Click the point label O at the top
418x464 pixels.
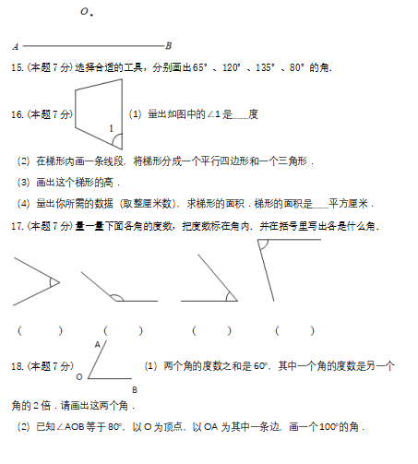click(84, 12)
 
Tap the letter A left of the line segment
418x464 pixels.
click(16, 47)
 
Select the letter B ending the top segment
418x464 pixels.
click(168, 46)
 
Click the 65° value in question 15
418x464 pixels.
click(199, 67)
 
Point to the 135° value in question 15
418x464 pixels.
click(265, 67)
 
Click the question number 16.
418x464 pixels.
click(18, 114)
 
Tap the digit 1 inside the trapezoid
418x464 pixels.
click(112, 128)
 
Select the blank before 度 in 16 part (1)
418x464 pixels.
click(241, 118)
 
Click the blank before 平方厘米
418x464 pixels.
click(321, 208)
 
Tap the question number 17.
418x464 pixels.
click(18, 226)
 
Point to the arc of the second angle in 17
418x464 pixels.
click(117, 296)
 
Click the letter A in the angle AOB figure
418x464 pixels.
click(98, 345)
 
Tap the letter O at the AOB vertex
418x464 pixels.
click(79, 377)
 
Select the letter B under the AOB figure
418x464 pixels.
click(135, 390)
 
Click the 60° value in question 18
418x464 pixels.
click(261, 366)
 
